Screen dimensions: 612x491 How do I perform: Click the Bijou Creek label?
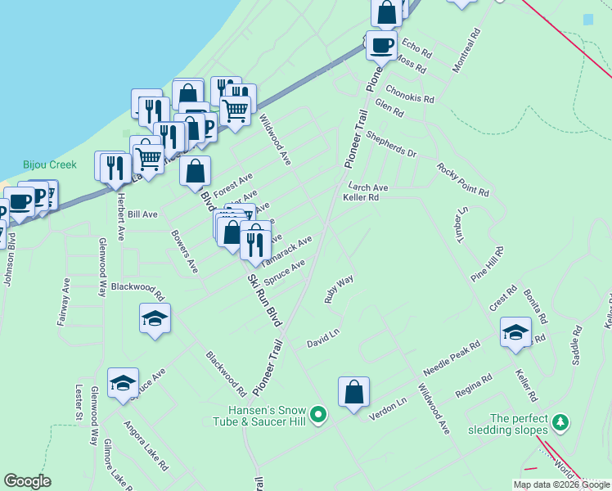[x=50, y=164]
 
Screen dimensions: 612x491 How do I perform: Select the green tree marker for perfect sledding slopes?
[x=560, y=423]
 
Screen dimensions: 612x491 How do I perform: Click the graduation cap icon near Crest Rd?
[x=515, y=332]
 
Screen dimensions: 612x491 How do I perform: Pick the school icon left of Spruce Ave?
[x=123, y=383]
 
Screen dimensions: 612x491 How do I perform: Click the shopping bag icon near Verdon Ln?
[x=353, y=393]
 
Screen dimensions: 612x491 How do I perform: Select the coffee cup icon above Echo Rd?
[x=380, y=44]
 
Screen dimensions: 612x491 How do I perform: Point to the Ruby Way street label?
[x=339, y=289]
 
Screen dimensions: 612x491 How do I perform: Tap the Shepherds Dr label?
[x=391, y=144]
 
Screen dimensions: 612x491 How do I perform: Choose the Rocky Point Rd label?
[x=462, y=180]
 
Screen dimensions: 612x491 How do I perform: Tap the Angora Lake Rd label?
[x=146, y=446]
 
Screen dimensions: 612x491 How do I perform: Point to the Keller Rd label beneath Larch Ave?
[x=361, y=198]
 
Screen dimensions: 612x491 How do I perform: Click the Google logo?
[x=28, y=480]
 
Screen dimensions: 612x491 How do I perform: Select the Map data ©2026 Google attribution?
[x=560, y=484]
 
